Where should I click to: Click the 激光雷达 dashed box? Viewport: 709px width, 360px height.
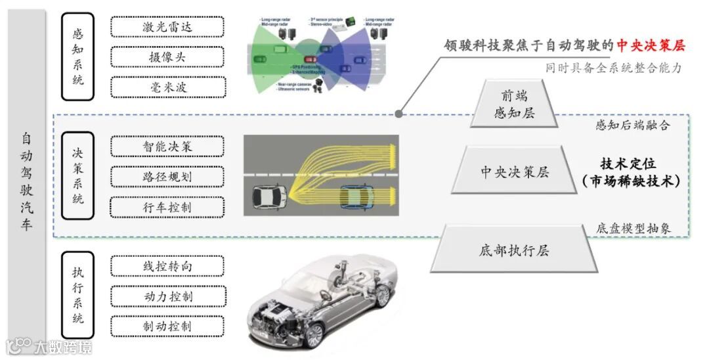(x=167, y=27)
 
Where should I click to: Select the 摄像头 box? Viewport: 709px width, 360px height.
(x=167, y=57)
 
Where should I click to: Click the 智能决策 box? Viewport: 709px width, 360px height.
(x=167, y=146)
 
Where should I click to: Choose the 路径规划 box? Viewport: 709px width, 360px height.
(x=167, y=177)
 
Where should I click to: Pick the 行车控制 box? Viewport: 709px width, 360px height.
(x=167, y=207)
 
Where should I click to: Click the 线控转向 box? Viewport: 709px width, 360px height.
(x=167, y=267)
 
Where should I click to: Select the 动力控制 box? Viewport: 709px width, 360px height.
(x=167, y=297)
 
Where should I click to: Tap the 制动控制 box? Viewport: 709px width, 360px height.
(x=167, y=326)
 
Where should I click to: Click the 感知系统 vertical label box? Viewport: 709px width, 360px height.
(x=77, y=56)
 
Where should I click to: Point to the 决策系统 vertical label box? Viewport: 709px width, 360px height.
(x=77, y=175)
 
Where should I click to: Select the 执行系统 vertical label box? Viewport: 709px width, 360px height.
(x=77, y=295)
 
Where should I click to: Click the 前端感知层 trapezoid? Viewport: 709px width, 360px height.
(x=515, y=104)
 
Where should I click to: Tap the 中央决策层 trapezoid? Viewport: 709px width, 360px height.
(x=515, y=172)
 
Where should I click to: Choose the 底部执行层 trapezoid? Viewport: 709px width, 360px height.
(x=514, y=250)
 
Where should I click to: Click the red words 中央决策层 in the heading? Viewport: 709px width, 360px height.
(x=651, y=45)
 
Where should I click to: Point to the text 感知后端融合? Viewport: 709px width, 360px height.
(x=632, y=125)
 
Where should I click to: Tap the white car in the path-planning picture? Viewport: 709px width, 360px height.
(x=269, y=195)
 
